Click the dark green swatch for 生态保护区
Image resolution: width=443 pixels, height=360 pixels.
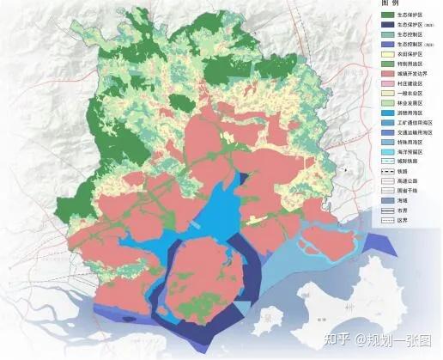(386, 15)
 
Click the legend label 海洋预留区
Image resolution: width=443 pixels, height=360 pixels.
(413, 170)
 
